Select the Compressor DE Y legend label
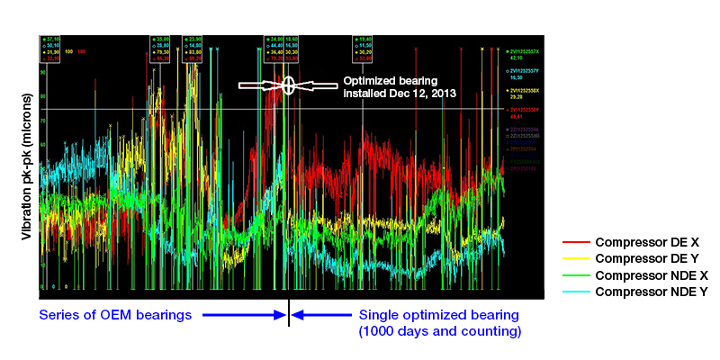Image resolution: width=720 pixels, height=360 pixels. click(x=640, y=259)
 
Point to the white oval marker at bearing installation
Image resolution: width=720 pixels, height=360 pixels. click(x=288, y=85)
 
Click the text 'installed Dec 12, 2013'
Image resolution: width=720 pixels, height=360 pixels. click(x=400, y=93)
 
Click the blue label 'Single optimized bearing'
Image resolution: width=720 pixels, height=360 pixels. click(x=438, y=315)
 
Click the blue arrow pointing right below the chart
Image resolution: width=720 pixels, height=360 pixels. click(x=243, y=315)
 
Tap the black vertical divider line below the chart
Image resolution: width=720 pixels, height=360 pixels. click(x=288, y=314)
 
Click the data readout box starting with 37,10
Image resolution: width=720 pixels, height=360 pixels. click(x=50, y=49)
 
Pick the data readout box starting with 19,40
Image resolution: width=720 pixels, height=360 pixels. click(x=364, y=49)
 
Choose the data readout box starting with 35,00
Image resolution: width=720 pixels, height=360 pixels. click(x=162, y=49)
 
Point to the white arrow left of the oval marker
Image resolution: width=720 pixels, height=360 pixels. click(x=260, y=85)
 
